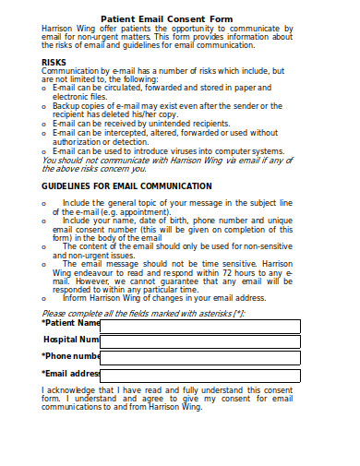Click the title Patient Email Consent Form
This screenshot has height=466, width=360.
(179, 18)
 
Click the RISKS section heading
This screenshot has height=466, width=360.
(54, 63)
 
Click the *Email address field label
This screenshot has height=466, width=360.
(71, 374)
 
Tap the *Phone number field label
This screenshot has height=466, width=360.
(71, 356)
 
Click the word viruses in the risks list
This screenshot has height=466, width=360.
(178, 151)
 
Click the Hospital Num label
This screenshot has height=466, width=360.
(71, 340)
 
